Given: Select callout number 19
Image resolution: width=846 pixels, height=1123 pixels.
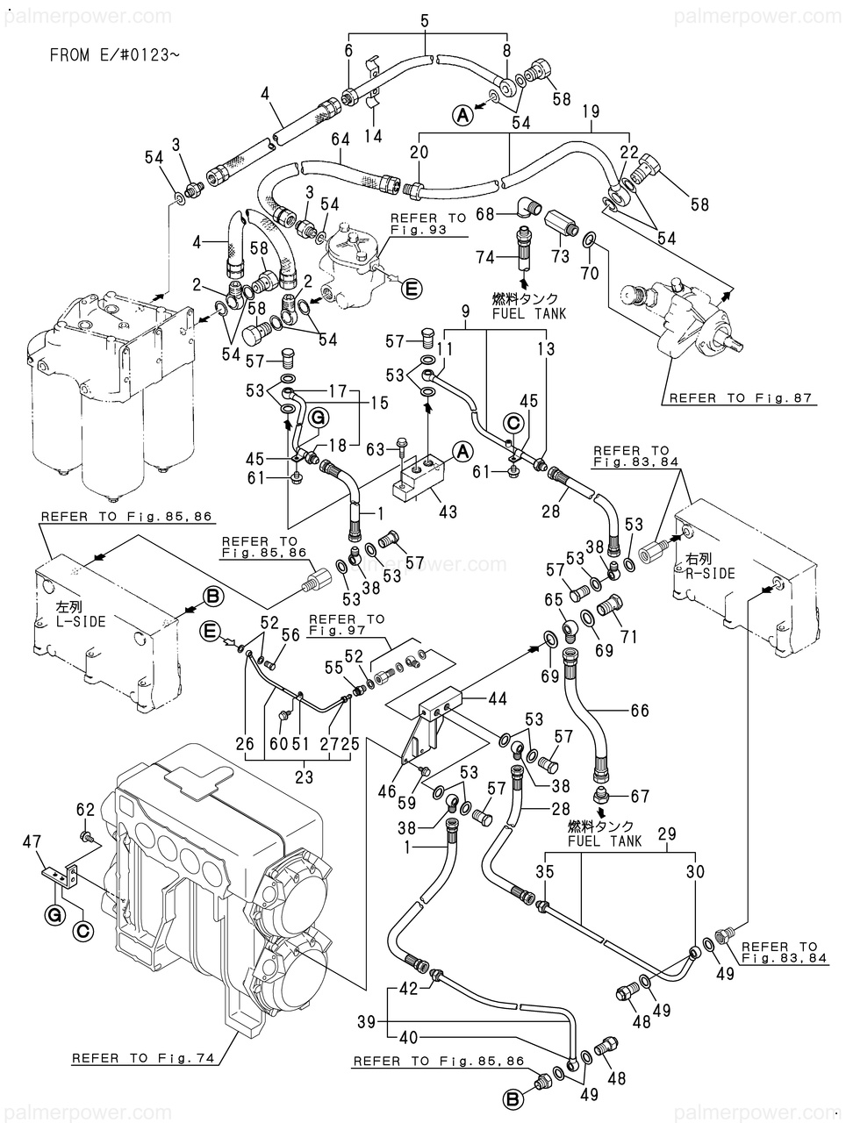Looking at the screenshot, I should pyautogui.click(x=590, y=111).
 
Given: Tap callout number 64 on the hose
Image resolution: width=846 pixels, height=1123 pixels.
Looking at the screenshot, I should pyautogui.click(x=341, y=139).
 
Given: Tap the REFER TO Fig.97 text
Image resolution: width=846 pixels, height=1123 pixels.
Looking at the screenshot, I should pyautogui.click(x=346, y=625).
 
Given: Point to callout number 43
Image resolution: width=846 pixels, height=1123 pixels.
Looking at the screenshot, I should pyautogui.click(x=448, y=513).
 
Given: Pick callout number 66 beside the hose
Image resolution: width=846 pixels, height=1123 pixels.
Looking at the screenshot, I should pyautogui.click(x=639, y=711).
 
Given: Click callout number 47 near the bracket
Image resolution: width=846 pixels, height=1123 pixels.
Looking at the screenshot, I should pyautogui.click(x=32, y=842).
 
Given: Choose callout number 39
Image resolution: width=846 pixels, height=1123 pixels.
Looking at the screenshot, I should pyautogui.click(x=368, y=1022).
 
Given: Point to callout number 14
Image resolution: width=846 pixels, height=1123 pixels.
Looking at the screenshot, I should pyautogui.click(x=374, y=136).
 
